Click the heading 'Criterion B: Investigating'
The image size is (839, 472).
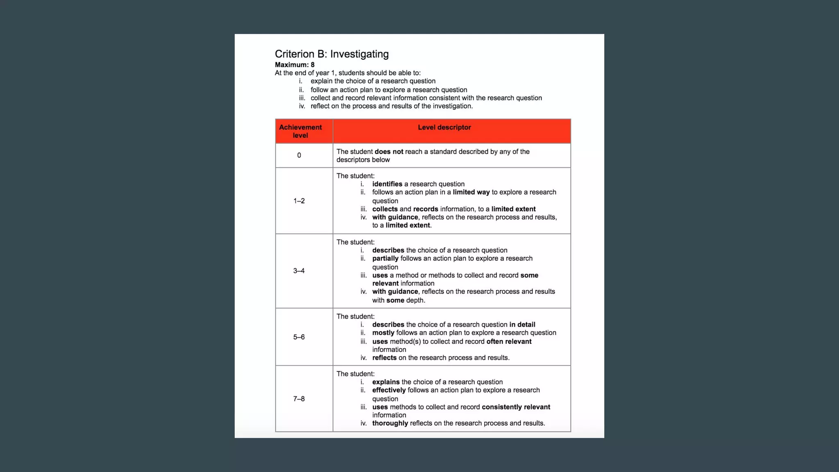click(331, 54)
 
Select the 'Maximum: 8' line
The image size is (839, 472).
click(295, 65)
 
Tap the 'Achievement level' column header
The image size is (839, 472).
click(300, 131)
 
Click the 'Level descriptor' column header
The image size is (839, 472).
click(444, 127)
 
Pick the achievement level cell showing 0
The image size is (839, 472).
click(299, 155)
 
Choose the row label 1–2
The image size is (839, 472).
click(299, 201)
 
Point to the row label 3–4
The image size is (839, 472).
click(299, 271)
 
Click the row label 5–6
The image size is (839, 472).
click(299, 337)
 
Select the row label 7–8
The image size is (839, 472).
click(299, 399)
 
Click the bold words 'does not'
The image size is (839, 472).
click(389, 152)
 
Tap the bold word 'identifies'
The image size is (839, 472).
click(387, 184)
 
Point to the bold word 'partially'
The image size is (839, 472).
click(385, 259)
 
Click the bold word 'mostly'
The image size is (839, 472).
click(383, 333)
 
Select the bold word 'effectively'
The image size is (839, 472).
click(389, 390)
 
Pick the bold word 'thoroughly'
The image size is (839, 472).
click(390, 423)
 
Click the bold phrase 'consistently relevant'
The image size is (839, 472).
click(516, 407)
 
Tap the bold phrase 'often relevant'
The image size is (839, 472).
click(509, 341)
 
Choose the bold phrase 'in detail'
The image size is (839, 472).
click(522, 324)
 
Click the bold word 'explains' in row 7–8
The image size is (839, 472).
click(386, 382)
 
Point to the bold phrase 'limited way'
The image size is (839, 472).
click(471, 192)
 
